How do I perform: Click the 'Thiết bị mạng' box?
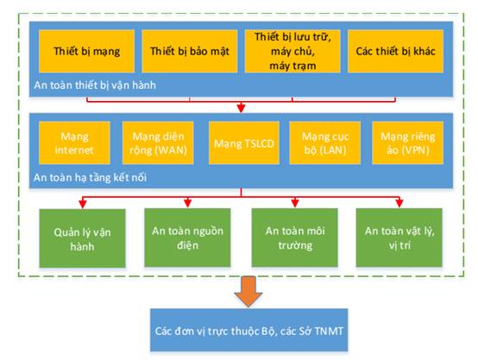pos(86,51)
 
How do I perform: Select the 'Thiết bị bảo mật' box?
pos(190,51)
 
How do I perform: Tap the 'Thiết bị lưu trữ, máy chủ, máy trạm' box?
pos(292,51)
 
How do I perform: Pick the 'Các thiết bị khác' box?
pos(396,51)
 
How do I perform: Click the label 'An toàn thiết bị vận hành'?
pos(95,85)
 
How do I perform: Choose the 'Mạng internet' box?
pos(75,143)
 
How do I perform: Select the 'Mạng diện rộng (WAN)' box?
pos(158,143)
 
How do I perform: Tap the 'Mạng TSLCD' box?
pos(244,143)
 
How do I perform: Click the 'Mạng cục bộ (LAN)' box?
pos(325,143)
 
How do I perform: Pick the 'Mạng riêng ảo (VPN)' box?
pos(407,143)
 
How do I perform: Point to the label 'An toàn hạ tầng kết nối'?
pos(91,177)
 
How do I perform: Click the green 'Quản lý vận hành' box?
pos(82,238)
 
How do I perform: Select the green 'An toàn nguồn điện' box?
pos(187,237)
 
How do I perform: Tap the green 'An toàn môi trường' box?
pos(295,237)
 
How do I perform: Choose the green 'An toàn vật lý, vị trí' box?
pos(399,237)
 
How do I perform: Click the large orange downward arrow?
pos(248,291)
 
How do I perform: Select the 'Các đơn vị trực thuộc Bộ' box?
pos(249,330)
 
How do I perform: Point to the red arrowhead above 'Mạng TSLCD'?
pos(241,108)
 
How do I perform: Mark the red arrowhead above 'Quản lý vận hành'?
pos(83,203)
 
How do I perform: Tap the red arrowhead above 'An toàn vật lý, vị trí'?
pos(399,203)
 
